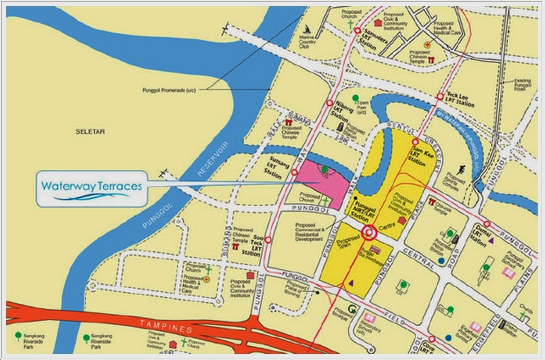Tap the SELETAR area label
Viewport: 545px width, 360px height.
(x=90, y=131)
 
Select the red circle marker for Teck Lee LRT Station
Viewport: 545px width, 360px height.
(x=440, y=97)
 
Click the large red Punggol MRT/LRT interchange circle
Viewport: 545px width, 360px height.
(x=370, y=232)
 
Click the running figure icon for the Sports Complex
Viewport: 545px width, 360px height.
(x=461, y=168)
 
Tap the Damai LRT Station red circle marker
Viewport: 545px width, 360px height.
(x=486, y=223)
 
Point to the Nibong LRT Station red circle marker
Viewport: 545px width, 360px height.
(x=329, y=103)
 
